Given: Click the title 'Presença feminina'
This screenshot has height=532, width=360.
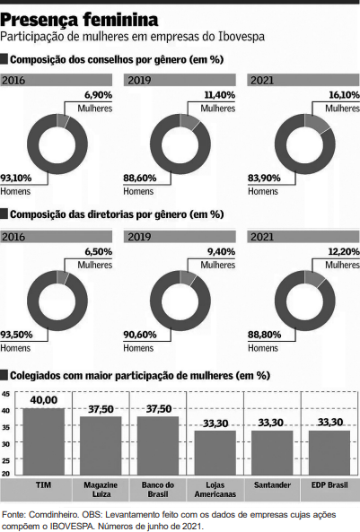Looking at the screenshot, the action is coord(79,20).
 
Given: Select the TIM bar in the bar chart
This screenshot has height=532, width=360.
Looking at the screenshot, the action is coord(44,441).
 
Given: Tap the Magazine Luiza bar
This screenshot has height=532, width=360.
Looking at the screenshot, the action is coord(101,446).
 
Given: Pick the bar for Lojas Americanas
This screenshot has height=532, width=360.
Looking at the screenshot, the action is coord(215,453).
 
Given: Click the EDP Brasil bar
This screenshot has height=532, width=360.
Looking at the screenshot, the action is coord(329,453).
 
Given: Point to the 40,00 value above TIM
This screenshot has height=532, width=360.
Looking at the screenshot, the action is coord(44,400).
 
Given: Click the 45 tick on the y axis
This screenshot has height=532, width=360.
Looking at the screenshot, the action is coord(5,394).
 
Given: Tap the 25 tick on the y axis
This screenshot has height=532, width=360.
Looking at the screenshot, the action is coord(5,461).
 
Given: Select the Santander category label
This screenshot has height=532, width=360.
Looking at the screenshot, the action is coord(272,485).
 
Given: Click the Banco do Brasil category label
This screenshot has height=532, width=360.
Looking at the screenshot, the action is coord(158,490).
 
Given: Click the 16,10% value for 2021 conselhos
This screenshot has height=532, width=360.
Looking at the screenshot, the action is coord(344,95).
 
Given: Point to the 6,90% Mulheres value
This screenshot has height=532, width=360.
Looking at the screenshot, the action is coord(99,95).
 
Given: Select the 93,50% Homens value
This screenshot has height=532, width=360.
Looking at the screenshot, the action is coord(16,335).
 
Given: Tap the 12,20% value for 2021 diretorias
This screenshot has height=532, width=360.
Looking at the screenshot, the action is coord(344,252).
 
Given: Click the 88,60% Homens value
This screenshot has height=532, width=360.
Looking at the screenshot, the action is coord(140,179).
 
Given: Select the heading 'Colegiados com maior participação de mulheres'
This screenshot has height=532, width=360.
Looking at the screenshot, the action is coord(121,376).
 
